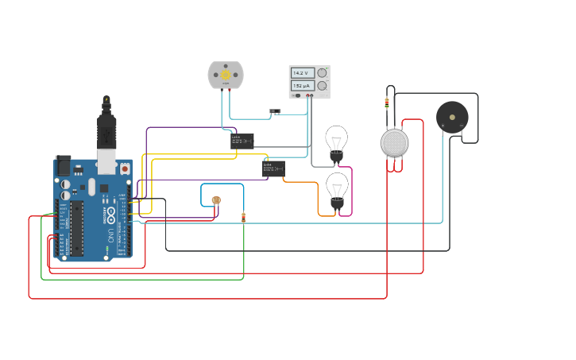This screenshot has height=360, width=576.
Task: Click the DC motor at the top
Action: tap(226, 75)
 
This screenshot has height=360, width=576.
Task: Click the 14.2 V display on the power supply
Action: tap(302, 73)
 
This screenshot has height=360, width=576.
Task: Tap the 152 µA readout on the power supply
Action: tap(302, 85)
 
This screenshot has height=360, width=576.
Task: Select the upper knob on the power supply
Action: tap(322, 73)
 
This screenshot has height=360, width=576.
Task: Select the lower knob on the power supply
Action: tap(322, 85)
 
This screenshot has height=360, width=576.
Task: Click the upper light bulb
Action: tap(337, 141)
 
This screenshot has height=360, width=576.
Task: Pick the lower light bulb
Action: tap(337, 189)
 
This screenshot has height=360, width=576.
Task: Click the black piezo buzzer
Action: tap(452, 117)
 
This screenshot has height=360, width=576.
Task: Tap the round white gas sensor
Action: tap(394, 143)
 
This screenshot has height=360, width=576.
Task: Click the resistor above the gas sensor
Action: tap(387, 102)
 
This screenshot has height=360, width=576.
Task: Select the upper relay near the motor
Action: tap(242, 141)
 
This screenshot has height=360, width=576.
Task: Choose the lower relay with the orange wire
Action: tap(273, 168)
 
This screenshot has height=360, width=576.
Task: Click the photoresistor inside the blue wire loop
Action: tap(216, 199)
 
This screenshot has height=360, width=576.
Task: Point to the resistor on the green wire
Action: tap(243, 217)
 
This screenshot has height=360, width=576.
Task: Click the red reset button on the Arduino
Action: tap(125, 168)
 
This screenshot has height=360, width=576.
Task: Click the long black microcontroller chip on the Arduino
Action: tap(76, 229)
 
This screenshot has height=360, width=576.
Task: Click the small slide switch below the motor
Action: tap(276, 111)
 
